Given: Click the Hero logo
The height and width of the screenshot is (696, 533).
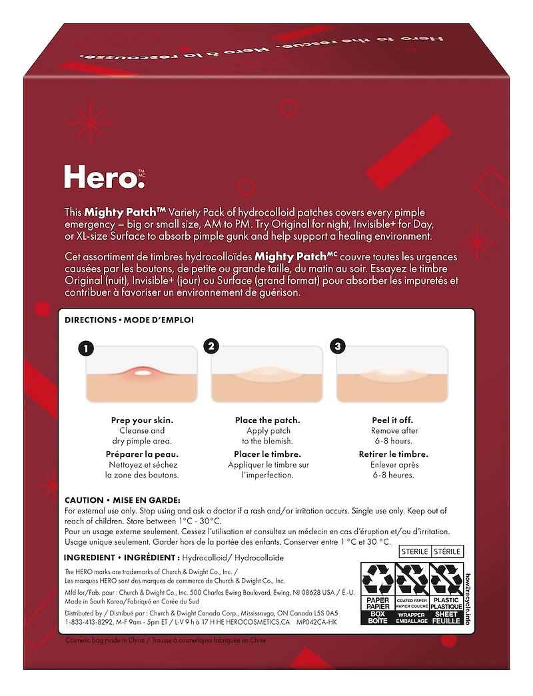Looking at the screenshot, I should click(103, 177).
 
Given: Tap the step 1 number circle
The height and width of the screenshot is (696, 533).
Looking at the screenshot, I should click(85, 348).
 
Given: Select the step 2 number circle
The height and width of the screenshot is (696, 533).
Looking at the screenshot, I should click(211, 346).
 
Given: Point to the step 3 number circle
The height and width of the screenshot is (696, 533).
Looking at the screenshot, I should click(337, 346).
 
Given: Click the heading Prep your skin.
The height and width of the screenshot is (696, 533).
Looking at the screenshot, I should click(141, 420).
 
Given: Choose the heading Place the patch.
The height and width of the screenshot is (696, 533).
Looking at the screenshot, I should click(267, 420).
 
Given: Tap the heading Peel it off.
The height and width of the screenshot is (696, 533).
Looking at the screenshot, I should click(392, 420).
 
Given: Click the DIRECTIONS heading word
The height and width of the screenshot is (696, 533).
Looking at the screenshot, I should click(91, 320).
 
